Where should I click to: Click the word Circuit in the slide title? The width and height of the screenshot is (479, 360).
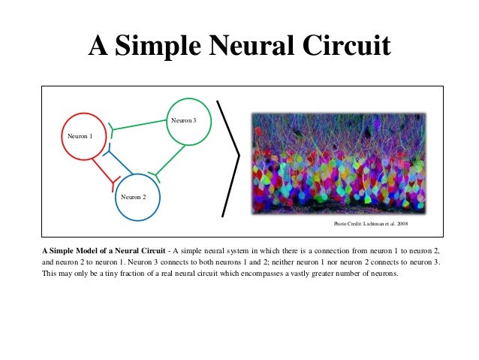pyautogui.click(x=345, y=47)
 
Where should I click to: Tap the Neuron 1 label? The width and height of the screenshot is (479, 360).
pyautogui.click(x=80, y=136)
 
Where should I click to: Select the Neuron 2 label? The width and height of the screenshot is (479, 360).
pyautogui.click(x=134, y=196)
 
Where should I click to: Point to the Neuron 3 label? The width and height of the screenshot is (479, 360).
pyautogui.click(x=183, y=120)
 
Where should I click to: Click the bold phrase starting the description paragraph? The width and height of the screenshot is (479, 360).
pyautogui.click(x=104, y=249)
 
